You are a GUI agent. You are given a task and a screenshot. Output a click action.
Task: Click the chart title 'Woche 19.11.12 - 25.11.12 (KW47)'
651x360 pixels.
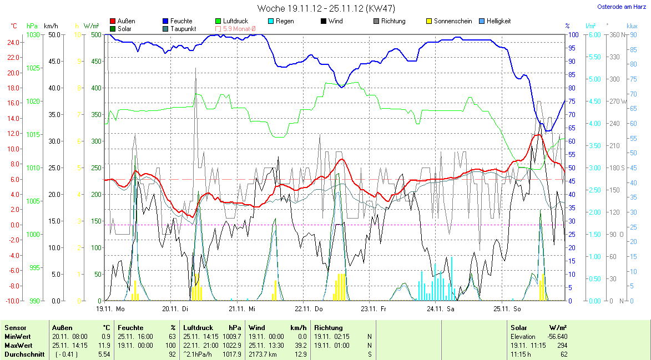(x=326, y=8)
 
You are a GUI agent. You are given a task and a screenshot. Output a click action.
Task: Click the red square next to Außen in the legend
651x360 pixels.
(x=113, y=21)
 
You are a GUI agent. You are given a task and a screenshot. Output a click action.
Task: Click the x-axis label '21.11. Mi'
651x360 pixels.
(x=244, y=308)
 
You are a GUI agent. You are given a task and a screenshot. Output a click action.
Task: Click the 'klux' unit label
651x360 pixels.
(x=632, y=26)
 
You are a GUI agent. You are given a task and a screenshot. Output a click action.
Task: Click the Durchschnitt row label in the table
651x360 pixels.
(x=24, y=354)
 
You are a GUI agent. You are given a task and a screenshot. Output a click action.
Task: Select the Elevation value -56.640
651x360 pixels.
(x=556, y=337)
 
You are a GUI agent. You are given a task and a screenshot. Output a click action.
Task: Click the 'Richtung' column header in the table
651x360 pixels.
(x=329, y=328)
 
